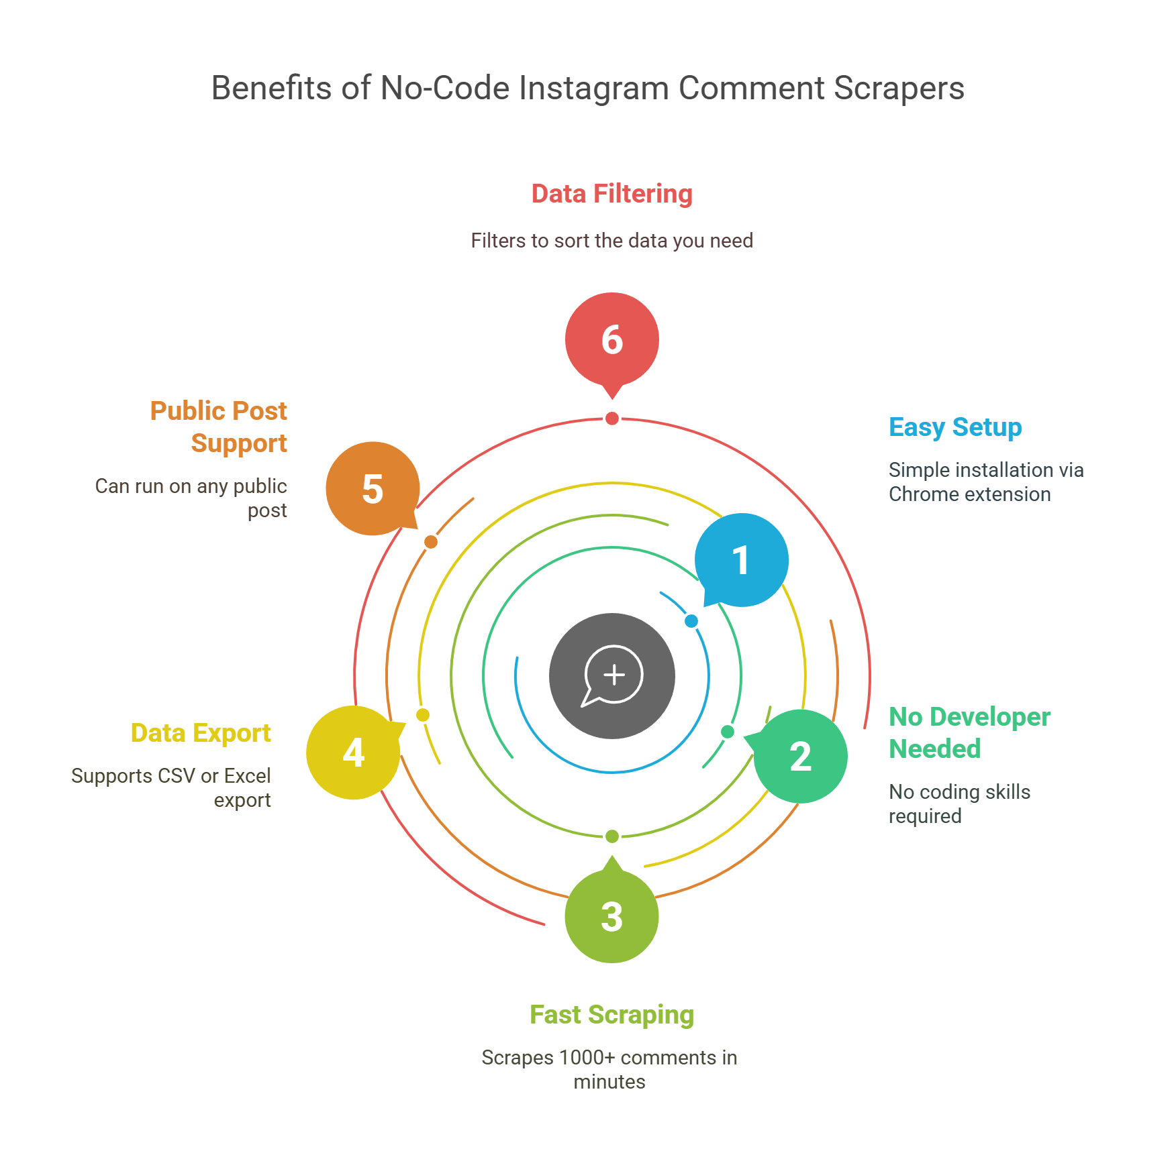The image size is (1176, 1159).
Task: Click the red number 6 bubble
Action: (612, 340)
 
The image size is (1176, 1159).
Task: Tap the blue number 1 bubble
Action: (741, 560)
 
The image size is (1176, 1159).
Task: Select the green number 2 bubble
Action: (799, 756)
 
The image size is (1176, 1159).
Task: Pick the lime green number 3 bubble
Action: (612, 916)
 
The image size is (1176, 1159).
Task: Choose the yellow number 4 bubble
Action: (354, 753)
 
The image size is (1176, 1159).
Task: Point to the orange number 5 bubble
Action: (373, 488)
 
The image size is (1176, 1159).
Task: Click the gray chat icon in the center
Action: (612, 676)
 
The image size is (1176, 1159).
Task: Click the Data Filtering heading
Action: (612, 194)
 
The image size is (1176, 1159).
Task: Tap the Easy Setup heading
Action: (955, 427)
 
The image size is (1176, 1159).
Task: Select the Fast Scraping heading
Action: (612, 1015)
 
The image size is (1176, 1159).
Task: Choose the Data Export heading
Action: (201, 733)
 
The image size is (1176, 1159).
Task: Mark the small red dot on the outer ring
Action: (612, 419)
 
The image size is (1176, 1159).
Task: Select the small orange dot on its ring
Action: (431, 542)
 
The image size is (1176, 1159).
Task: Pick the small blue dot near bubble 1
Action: (691, 621)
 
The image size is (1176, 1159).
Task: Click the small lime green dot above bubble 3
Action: (612, 836)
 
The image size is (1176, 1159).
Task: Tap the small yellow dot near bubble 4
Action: (423, 715)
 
